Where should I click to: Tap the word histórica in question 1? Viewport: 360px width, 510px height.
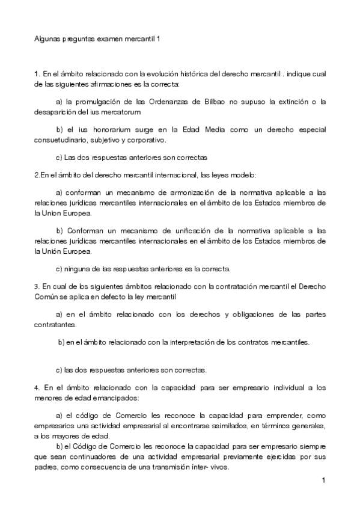tap(188, 73)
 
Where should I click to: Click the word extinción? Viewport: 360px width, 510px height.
tap(296, 102)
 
